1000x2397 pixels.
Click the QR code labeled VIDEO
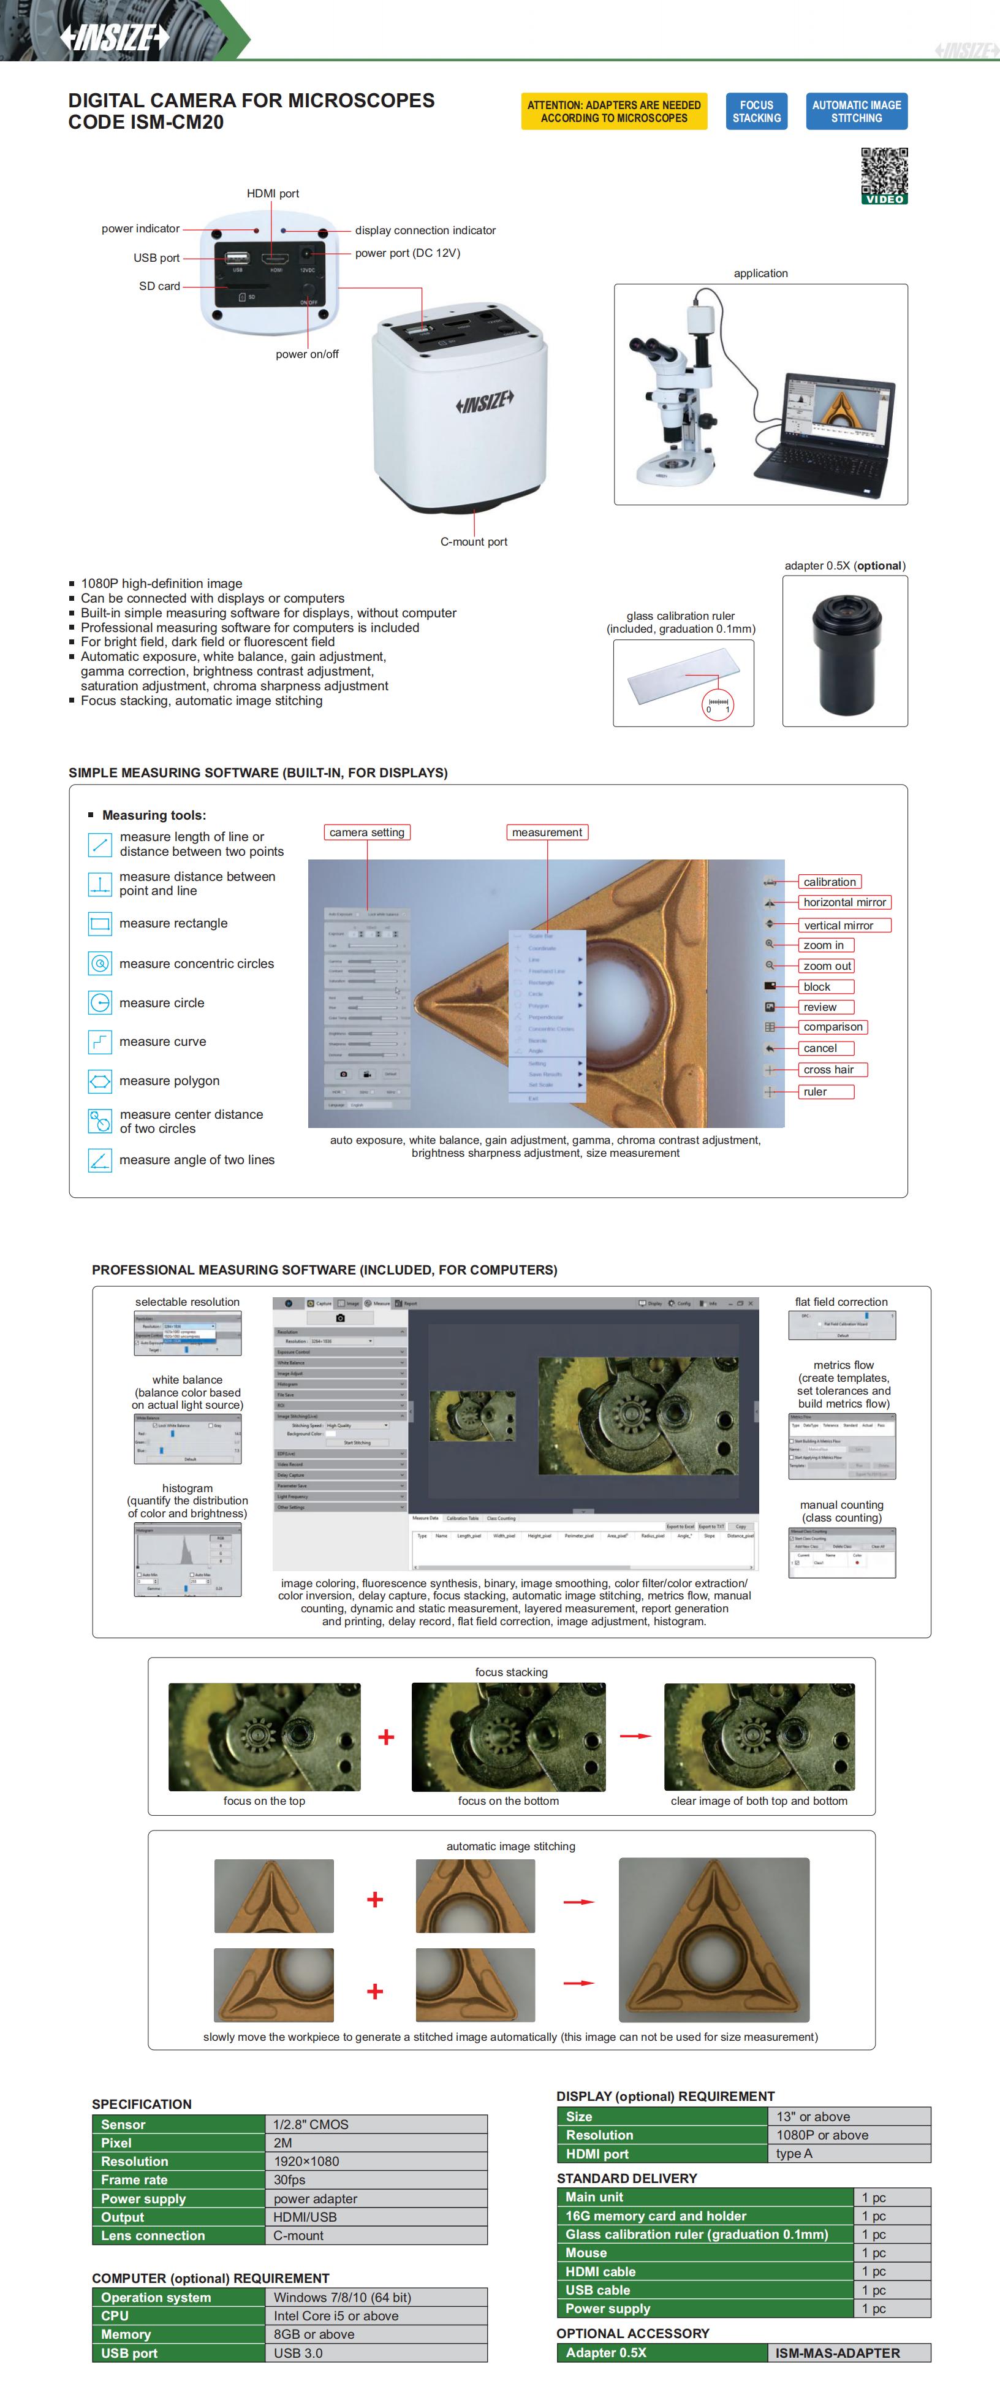click(884, 175)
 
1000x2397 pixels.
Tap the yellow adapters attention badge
click(614, 112)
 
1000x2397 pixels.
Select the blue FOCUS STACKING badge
click(756, 112)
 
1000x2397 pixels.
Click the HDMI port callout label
click(273, 194)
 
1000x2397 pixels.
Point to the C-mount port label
click(474, 541)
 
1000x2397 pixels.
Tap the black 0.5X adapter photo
click(844, 651)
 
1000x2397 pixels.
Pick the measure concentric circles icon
click(99, 963)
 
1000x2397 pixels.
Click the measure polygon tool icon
click(99, 1080)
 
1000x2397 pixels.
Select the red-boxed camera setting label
click(366, 833)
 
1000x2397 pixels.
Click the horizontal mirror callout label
click(844, 902)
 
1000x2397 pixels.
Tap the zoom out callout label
click(826, 967)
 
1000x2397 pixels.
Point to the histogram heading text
click(187, 1488)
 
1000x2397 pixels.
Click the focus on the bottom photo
click(508, 1736)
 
